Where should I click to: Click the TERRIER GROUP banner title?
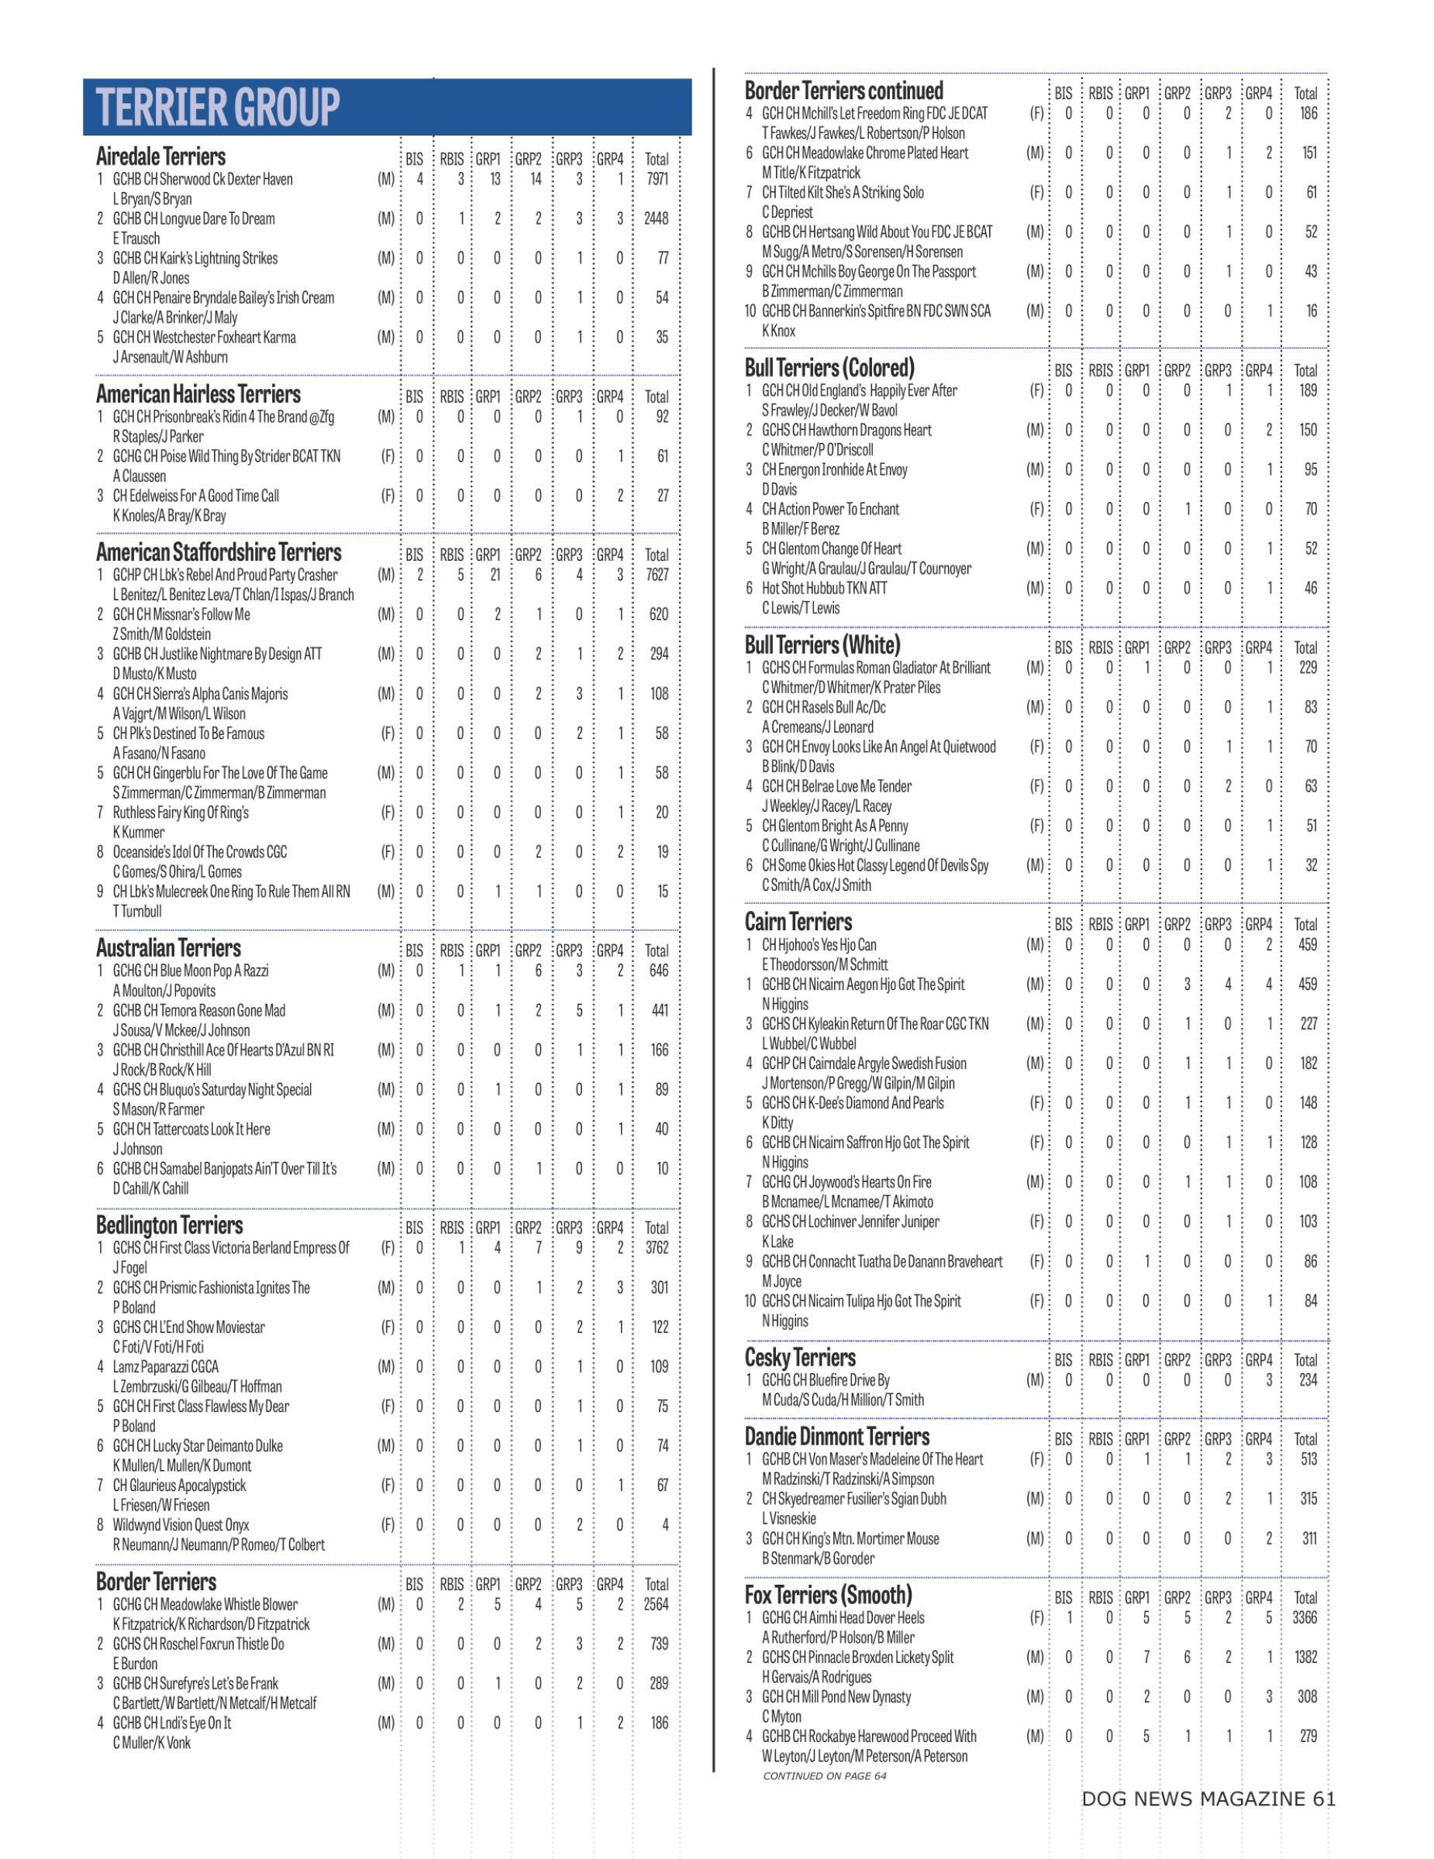click(x=218, y=107)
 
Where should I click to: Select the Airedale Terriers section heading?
click(x=161, y=156)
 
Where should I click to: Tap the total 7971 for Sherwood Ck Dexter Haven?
click(x=657, y=179)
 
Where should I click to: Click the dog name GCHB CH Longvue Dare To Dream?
click(x=193, y=218)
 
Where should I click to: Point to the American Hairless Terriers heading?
click(x=198, y=394)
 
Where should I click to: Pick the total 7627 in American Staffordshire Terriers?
click(x=657, y=575)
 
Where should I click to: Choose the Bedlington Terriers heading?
click(x=170, y=1225)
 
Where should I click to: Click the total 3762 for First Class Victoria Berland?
click(x=657, y=1248)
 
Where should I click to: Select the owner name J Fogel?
click(x=130, y=1267)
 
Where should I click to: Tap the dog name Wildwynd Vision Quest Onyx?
click(x=181, y=1524)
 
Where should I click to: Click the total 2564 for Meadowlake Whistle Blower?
click(x=656, y=1604)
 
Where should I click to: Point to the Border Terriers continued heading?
click(x=844, y=90)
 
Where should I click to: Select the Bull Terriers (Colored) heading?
click(x=829, y=368)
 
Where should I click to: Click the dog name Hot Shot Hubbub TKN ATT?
click(x=824, y=588)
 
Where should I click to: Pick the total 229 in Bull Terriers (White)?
click(x=1308, y=668)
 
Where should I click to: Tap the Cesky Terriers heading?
click(x=800, y=1358)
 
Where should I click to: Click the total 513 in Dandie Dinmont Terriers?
click(x=1308, y=1459)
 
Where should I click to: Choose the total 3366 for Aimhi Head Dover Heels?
click(x=1305, y=1617)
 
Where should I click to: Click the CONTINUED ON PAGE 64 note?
click(x=824, y=1775)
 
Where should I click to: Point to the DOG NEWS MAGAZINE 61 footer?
click(x=1208, y=1799)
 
